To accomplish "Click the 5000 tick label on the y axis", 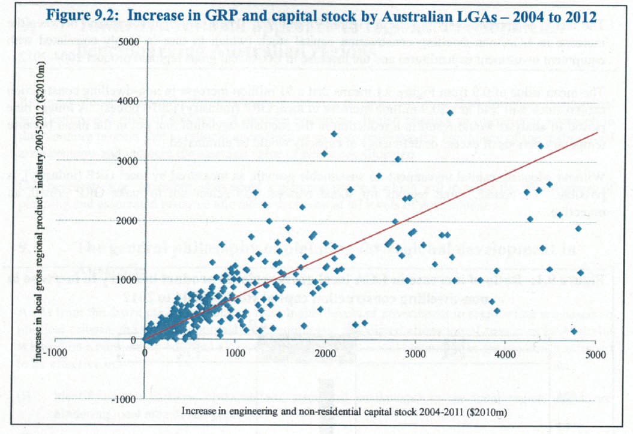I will click(128, 42).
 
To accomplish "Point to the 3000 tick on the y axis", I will click(128, 161).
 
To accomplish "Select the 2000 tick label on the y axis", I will click(128, 221).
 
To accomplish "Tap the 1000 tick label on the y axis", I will click(128, 280).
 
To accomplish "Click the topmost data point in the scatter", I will click(450, 113).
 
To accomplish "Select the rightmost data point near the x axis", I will click(574, 331).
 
